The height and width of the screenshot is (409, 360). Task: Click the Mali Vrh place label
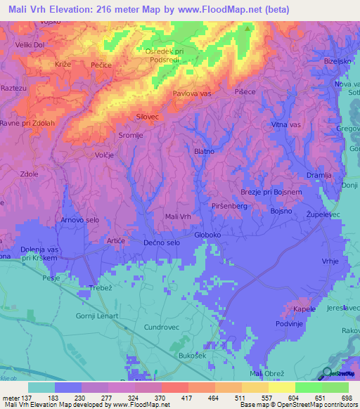click(x=177, y=217)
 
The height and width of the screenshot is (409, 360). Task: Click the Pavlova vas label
click(x=192, y=93)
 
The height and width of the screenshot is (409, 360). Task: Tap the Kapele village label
click(x=304, y=309)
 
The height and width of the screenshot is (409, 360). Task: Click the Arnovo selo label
click(x=79, y=220)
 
